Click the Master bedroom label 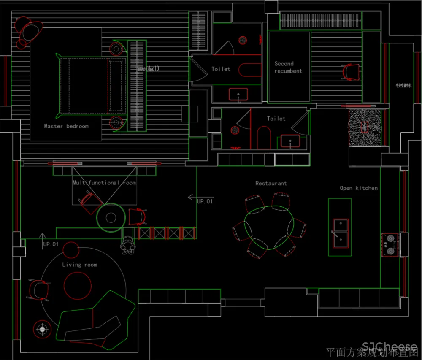[66, 126]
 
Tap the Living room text [79, 265]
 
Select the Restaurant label [271, 184]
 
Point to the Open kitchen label [359, 188]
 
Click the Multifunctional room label [104, 183]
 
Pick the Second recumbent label [288, 68]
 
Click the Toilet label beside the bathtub [221, 69]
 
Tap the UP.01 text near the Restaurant [205, 202]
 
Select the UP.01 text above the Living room [51, 244]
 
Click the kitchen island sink [340, 233]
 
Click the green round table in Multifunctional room [111, 217]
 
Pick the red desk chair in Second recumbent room [351, 72]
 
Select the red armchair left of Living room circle [39, 290]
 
